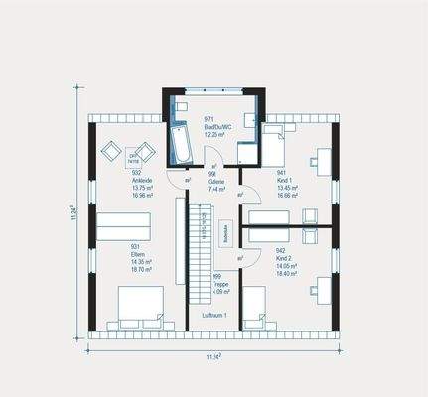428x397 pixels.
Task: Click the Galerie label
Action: pyautogui.click(x=216, y=179)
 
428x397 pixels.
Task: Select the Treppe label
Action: pyautogui.click(x=220, y=285)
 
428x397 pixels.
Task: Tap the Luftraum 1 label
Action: pyautogui.click(x=214, y=315)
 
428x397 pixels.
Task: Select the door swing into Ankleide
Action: pyautogui.click(x=178, y=179)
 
